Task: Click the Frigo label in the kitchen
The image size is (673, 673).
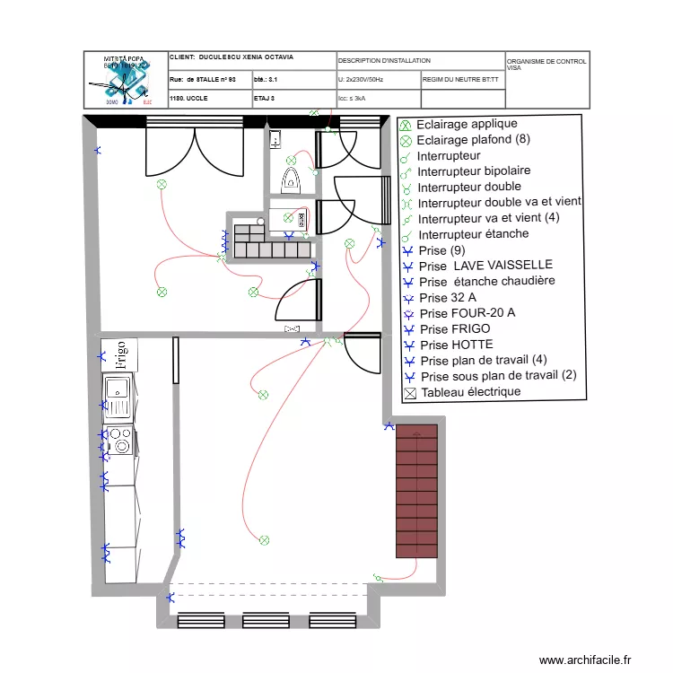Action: [120, 355]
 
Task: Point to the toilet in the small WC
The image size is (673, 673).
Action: [291, 179]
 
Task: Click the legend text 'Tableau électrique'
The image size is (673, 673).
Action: [470, 392]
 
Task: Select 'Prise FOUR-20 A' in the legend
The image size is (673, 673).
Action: [467, 313]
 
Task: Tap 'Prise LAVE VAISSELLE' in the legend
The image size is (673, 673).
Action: [485, 266]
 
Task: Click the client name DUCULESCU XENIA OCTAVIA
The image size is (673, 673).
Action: [244, 57]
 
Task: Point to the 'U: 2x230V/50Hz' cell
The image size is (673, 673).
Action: [361, 80]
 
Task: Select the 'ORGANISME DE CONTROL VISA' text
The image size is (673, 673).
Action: [546, 64]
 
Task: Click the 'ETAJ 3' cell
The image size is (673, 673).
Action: [265, 98]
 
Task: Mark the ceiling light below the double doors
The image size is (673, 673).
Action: [162, 185]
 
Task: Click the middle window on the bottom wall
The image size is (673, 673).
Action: [267, 620]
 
